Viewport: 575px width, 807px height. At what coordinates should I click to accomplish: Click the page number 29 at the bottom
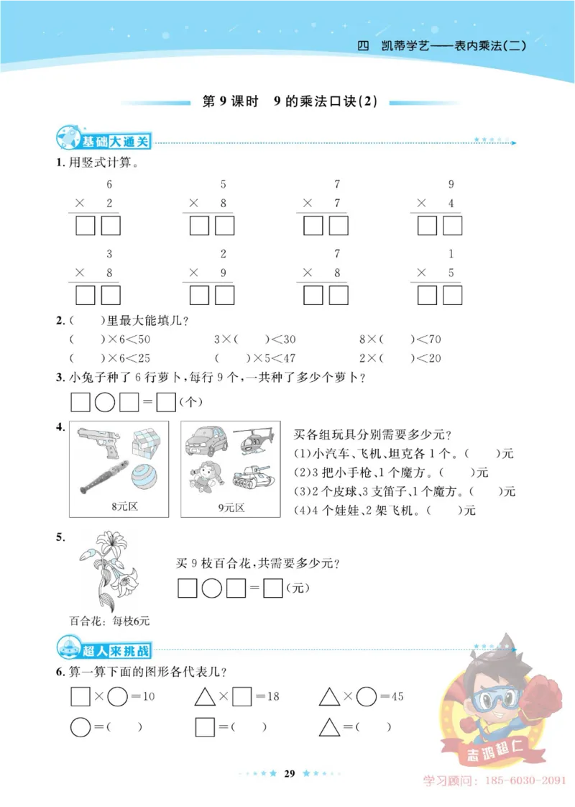pos(290,774)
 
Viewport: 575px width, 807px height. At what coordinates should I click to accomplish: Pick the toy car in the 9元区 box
pos(206,441)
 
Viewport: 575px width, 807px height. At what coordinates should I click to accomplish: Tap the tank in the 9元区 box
pos(252,477)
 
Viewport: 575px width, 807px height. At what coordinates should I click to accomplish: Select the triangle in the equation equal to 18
pos(206,696)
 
